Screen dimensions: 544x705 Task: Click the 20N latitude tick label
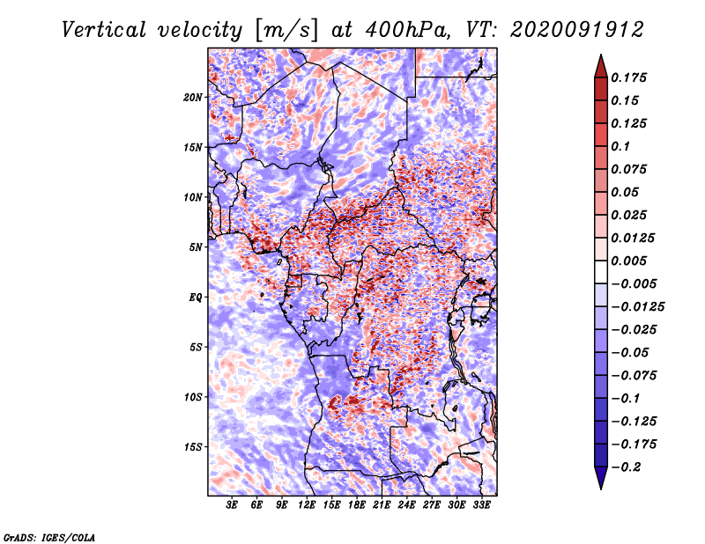pyautogui.click(x=193, y=97)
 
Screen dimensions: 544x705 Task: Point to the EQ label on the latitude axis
pyautogui.click(x=196, y=298)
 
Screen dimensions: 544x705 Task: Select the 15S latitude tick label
pyautogui.click(x=193, y=447)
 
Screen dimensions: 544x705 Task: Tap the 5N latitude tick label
pyautogui.click(x=196, y=247)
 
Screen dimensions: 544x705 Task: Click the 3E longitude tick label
pyautogui.click(x=233, y=505)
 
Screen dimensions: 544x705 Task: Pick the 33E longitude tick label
pyautogui.click(x=482, y=505)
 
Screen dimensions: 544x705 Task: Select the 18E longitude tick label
pyautogui.click(x=357, y=505)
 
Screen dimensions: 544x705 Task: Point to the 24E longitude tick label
pyautogui.click(x=407, y=505)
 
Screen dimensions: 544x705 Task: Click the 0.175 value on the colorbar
pyautogui.click(x=630, y=77)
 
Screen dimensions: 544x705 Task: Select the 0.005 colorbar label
pyautogui.click(x=630, y=261)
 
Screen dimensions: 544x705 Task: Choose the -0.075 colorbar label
pyautogui.click(x=634, y=375)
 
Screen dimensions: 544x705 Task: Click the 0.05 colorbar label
pyautogui.click(x=627, y=192)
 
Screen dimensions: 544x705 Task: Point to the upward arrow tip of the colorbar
pyautogui.click(x=600, y=58)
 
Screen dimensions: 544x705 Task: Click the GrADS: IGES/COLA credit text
pyautogui.click(x=49, y=536)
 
